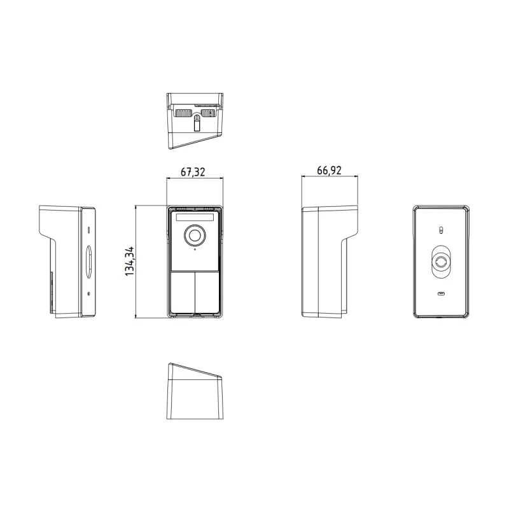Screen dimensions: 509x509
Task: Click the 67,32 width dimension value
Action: [194, 172]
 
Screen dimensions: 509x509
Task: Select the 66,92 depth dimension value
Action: [328, 172]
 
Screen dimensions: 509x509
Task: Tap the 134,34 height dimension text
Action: [130, 261]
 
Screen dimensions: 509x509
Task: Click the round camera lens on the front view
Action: [194, 235]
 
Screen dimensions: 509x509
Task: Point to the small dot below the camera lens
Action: [194, 249]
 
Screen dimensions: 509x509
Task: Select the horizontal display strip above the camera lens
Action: [194, 217]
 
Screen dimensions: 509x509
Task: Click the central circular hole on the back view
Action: [440, 263]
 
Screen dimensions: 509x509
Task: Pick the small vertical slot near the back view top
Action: [440, 230]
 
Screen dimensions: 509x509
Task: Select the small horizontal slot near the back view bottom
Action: [440, 294]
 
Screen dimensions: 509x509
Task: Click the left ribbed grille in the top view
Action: [183, 114]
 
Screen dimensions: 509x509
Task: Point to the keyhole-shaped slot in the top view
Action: [197, 121]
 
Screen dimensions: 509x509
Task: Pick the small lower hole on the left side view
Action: [88, 293]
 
